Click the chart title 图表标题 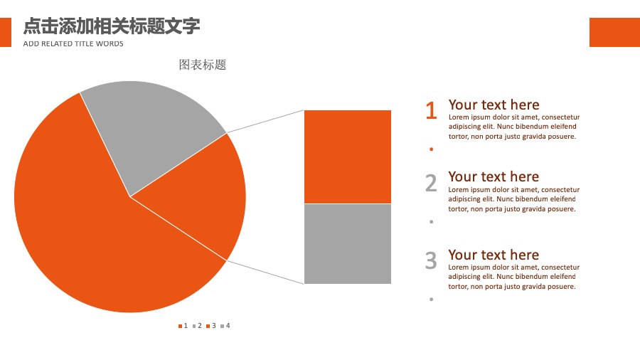coord(203,65)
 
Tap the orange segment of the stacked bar coord(348,157)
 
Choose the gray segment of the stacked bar coord(348,243)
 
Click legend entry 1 coord(183,326)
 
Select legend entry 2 coord(197,326)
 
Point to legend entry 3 coord(211,326)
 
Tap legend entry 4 coord(225,326)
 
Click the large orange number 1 coord(431,110)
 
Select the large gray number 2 coord(431,183)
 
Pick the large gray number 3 coord(431,260)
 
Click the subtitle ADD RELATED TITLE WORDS coord(73,43)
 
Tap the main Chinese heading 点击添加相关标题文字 coord(112,26)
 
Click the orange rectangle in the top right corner coord(614,32)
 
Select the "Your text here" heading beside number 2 coord(494,176)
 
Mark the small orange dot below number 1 coord(432,149)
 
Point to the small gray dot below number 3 coord(432,300)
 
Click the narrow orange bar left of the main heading coord(6,32)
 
